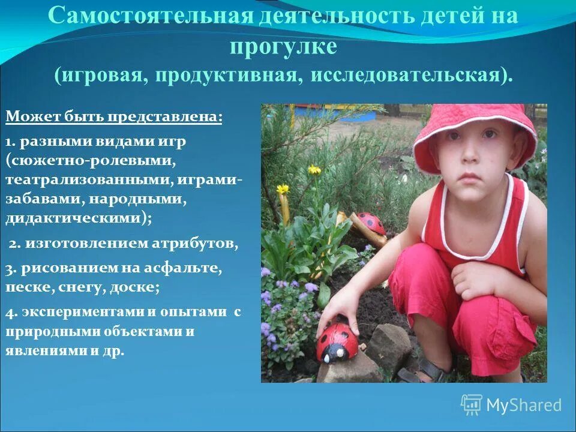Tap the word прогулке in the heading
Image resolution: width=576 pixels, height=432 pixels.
284,46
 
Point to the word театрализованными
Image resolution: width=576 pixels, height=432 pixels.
83,180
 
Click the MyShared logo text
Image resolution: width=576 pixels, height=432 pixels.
524,405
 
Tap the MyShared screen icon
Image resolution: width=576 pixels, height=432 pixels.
472,405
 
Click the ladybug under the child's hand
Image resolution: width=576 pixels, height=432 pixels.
337,342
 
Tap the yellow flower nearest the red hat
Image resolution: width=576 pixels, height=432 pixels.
314,170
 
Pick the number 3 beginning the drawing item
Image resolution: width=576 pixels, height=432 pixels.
9,269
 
